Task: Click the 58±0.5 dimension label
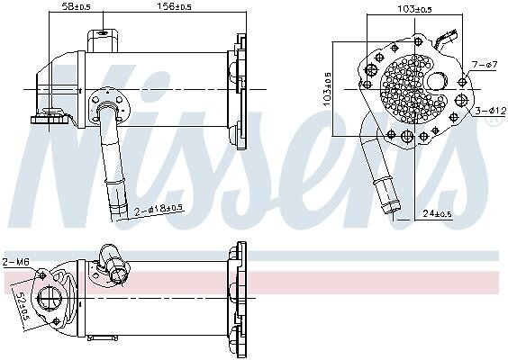coord(76,7)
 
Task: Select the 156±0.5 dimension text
coord(174,6)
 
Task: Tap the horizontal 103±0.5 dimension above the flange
coord(414,9)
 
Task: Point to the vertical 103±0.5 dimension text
coord(327,88)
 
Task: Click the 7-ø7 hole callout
coord(485,65)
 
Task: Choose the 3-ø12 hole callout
coord(491,111)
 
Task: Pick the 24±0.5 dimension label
coord(437,213)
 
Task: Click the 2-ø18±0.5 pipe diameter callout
coord(159,211)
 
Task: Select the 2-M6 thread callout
coord(16,262)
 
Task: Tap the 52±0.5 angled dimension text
coord(23,305)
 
